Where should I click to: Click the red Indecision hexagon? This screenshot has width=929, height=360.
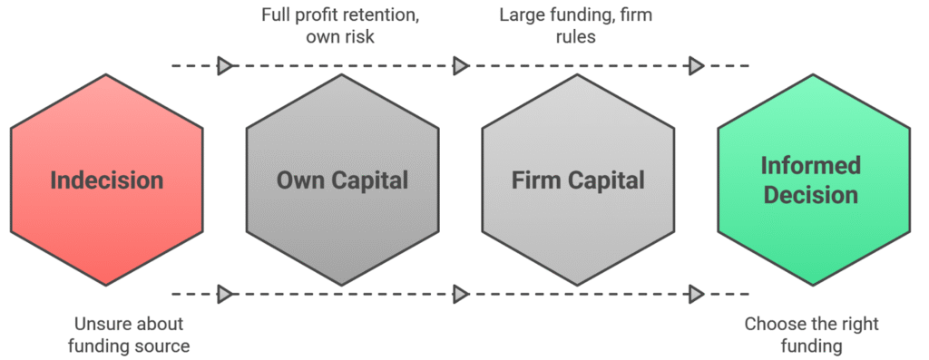coord(107,180)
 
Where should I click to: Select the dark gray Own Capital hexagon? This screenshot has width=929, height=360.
coord(342,180)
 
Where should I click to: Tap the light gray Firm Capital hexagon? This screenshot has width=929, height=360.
coord(578,180)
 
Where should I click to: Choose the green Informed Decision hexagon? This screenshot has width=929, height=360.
coord(813,180)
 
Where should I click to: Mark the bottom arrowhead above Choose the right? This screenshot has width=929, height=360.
coord(696,293)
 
